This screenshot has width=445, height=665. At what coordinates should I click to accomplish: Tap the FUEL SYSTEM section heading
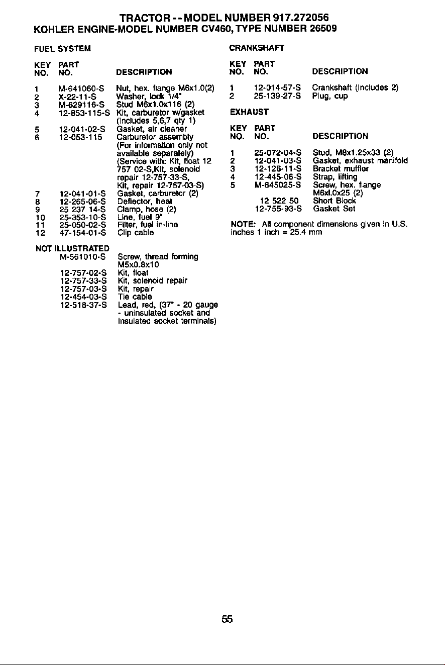(x=63, y=49)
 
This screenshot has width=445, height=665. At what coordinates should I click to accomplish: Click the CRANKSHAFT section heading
(x=257, y=48)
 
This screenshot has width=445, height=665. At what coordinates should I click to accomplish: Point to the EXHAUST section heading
(x=249, y=112)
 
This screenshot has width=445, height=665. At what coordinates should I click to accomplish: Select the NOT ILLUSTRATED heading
(x=72, y=248)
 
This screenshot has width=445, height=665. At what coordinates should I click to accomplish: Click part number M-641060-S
(x=81, y=88)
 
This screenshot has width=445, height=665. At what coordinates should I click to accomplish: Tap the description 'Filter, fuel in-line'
(x=148, y=225)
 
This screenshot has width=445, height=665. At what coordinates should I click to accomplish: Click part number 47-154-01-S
(x=82, y=232)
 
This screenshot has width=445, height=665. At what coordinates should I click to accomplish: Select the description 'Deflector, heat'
(x=145, y=201)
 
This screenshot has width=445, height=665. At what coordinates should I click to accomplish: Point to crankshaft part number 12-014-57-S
(x=277, y=87)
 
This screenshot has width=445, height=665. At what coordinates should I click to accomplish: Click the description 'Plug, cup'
(x=330, y=96)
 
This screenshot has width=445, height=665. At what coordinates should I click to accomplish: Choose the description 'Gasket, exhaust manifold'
(x=360, y=161)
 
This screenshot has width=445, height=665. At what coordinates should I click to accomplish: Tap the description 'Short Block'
(x=335, y=201)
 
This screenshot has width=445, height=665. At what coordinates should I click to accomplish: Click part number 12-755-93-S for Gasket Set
(x=278, y=209)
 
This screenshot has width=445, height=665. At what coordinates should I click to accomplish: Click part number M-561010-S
(x=83, y=256)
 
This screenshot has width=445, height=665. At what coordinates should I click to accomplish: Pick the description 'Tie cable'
(x=135, y=297)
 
